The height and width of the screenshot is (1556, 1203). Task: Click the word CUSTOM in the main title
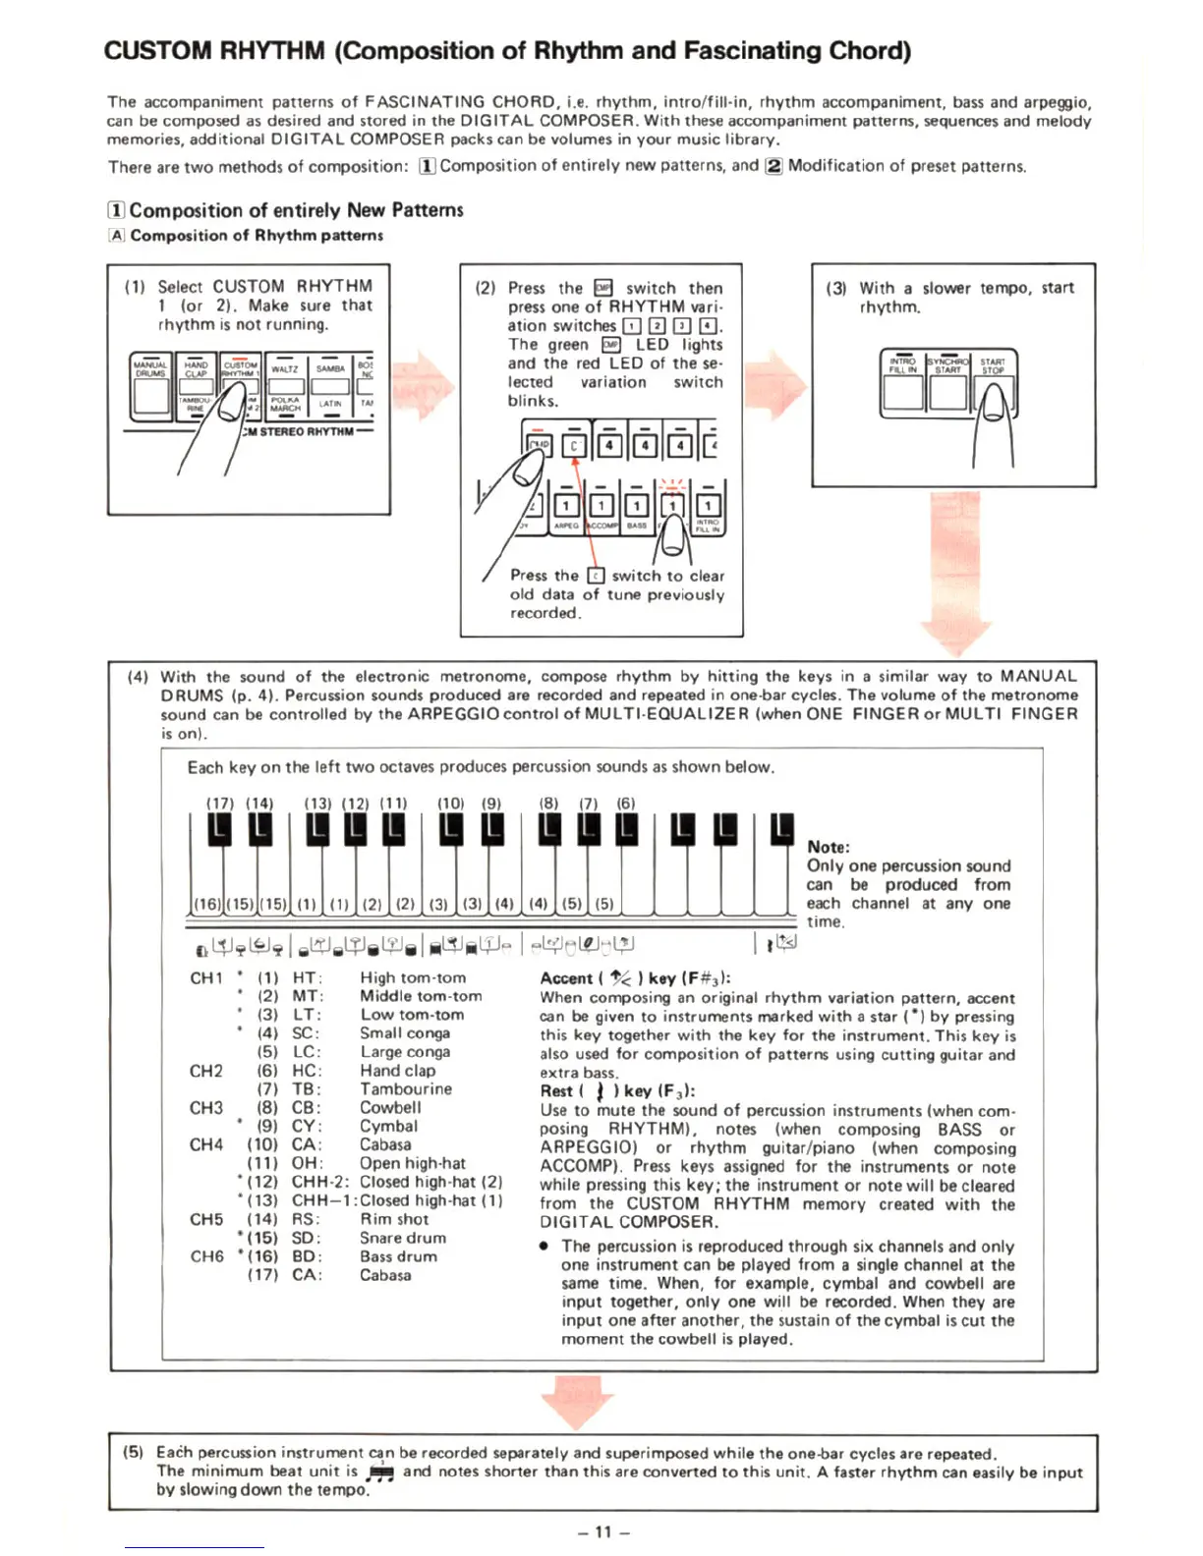pyautogui.click(x=158, y=50)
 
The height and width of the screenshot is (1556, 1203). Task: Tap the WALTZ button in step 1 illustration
pyautogui.click(x=285, y=369)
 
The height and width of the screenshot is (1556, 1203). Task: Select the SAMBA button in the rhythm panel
pyautogui.click(x=330, y=369)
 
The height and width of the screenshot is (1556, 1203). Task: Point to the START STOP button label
pyautogui.click(x=993, y=365)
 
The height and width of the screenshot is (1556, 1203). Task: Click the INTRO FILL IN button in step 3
pyautogui.click(x=902, y=365)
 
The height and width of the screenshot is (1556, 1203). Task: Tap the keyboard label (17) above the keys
pyautogui.click(x=219, y=803)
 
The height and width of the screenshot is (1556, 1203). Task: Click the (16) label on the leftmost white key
pyautogui.click(x=206, y=904)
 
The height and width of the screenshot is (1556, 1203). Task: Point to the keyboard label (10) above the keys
pyautogui.click(x=450, y=803)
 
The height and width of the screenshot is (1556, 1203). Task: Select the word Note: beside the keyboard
pyautogui.click(x=829, y=847)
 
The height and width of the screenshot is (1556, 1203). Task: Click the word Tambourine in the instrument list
pyautogui.click(x=406, y=1088)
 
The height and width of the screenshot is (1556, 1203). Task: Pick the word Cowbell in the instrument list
pyautogui.click(x=390, y=1107)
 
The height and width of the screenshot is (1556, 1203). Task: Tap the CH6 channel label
pyautogui.click(x=206, y=1256)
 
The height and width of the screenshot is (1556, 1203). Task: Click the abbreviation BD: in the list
pyautogui.click(x=307, y=1256)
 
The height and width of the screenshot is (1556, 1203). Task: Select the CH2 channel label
pyautogui.click(x=206, y=1071)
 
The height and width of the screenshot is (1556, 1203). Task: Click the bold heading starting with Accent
pyautogui.click(x=635, y=978)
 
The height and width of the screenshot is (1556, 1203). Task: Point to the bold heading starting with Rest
pyautogui.click(x=617, y=1090)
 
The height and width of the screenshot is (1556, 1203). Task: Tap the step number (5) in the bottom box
pyautogui.click(x=134, y=1452)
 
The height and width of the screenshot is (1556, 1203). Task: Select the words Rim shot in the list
pyautogui.click(x=394, y=1219)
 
